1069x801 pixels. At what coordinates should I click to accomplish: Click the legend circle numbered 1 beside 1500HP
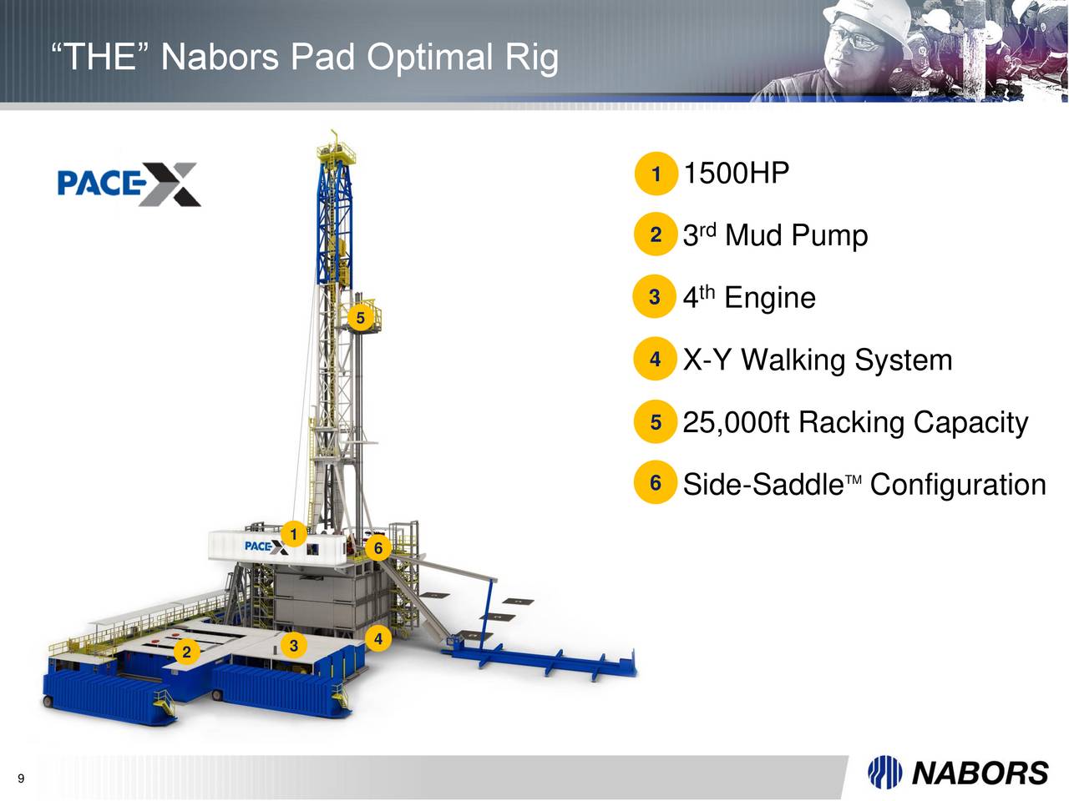(656, 174)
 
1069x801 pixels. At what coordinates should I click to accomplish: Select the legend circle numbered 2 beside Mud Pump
(656, 235)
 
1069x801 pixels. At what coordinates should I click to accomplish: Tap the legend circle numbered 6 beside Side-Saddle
(656, 484)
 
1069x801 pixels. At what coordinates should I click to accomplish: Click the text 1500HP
(736, 174)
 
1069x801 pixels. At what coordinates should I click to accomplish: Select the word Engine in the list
(769, 298)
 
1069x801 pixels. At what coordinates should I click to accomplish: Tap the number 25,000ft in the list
(736, 422)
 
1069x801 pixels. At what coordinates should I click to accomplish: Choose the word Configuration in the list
(957, 485)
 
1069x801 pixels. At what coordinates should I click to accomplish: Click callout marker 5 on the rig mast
(361, 318)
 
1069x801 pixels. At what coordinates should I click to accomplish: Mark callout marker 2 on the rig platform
(187, 652)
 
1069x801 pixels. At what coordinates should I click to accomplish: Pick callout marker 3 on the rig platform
(293, 646)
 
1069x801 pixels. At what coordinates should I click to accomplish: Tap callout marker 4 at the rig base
(378, 639)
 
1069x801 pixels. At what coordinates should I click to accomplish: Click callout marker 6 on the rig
(378, 548)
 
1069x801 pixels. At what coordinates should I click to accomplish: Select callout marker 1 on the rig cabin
(293, 534)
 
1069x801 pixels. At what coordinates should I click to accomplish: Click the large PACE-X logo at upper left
(129, 184)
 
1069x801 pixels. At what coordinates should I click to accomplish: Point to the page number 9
(21, 779)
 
